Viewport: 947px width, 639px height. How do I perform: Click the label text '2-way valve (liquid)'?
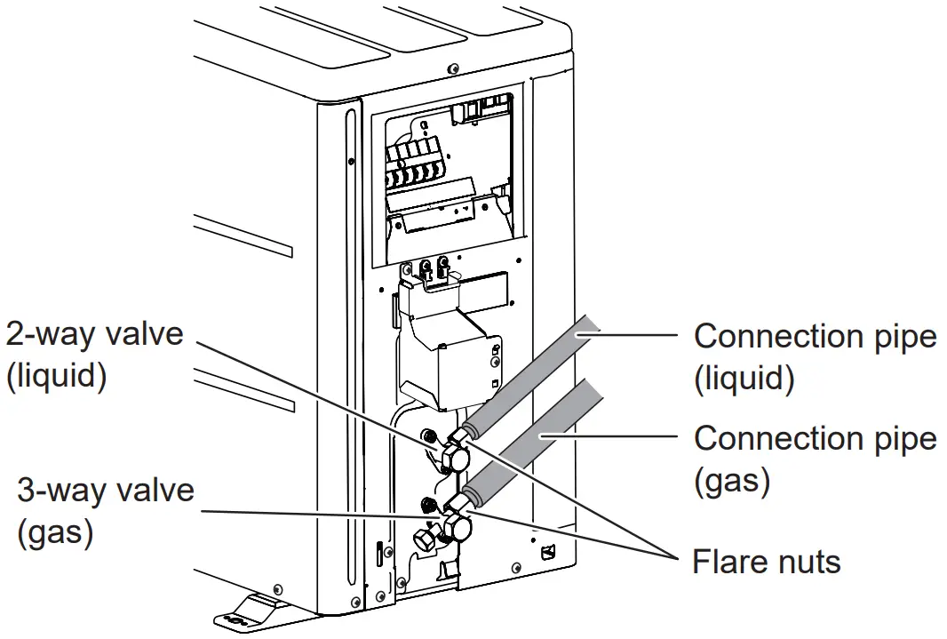(94, 354)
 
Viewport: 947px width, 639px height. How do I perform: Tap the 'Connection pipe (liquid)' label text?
(815, 357)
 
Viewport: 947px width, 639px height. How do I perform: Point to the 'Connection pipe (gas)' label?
(815, 459)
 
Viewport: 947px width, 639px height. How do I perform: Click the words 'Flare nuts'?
(766, 562)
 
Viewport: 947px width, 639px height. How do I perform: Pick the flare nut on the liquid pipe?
(464, 435)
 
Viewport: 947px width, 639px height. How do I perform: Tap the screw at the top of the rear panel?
(453, 68)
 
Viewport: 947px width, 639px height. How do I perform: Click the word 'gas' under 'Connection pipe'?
(731, 480)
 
